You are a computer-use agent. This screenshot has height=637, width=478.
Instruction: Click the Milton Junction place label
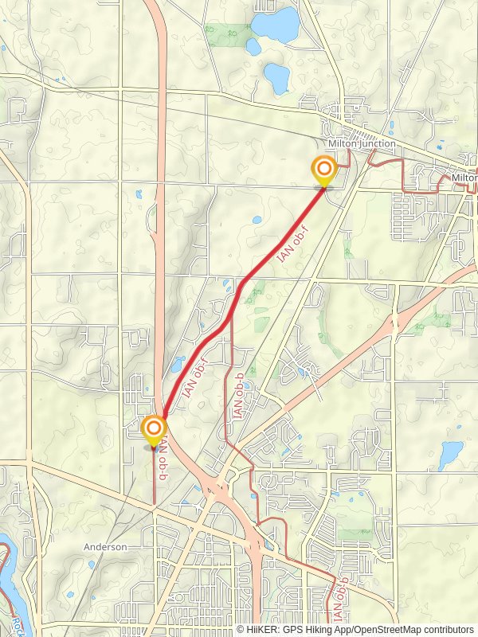(362, 143)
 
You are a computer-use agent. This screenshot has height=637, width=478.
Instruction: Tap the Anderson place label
(106, 547)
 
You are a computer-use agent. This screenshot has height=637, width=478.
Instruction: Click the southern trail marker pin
(153, 430)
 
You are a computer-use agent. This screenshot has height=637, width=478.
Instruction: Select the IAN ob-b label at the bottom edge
(340, 601)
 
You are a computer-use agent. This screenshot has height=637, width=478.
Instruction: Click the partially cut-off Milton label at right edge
(464, 178)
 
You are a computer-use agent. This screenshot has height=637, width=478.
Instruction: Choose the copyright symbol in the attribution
(241, 629)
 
